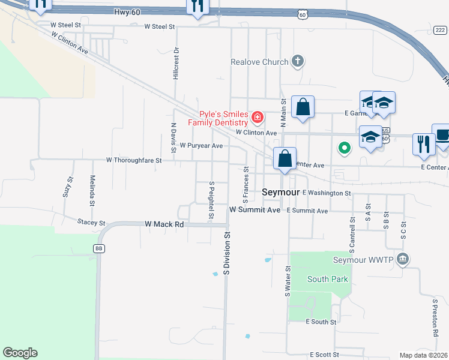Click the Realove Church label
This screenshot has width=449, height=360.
point(260,62)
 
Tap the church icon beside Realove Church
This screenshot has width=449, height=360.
point(298,61)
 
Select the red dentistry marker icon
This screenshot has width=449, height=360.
point(257,116)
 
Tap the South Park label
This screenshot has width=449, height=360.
point(327,279)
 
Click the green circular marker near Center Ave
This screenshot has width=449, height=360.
point(344,148)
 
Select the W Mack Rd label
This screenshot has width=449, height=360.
point(164,224)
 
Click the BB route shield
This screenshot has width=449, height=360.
point(99,248)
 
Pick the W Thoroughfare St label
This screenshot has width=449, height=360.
point(134,160)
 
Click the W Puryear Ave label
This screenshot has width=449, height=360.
point(201,146)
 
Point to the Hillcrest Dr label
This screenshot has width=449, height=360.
point(176,63)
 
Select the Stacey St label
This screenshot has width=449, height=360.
point(91,222)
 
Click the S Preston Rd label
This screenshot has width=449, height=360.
point(435,317)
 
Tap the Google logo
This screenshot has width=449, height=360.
point(20,353)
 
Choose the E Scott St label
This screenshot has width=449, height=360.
point(325,355)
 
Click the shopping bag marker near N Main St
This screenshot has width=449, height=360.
point(303,108)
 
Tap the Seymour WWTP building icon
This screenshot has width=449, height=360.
point(402,259)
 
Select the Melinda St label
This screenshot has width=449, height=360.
point(92,190)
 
